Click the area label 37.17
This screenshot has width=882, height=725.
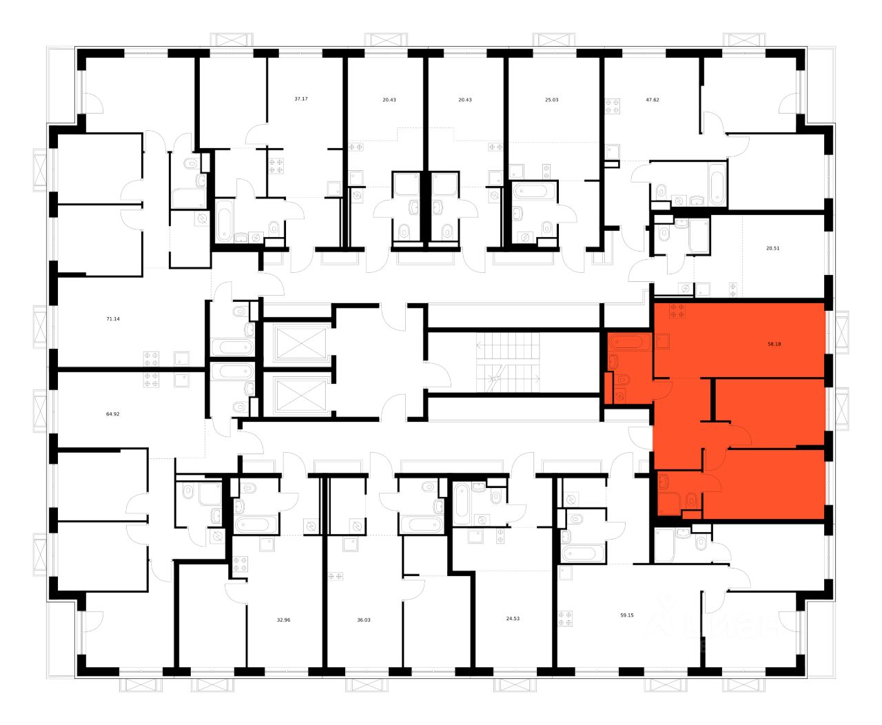click(x=300, y=99)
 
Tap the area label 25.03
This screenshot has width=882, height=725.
click(x=551, y=100)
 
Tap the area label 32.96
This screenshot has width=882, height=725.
click(x=284, y=620)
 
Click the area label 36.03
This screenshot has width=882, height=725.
click(x=364, y=620)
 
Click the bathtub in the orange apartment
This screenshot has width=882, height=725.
click(x=626, y=342)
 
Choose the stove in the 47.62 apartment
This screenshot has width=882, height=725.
click(x=612, y=107)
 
